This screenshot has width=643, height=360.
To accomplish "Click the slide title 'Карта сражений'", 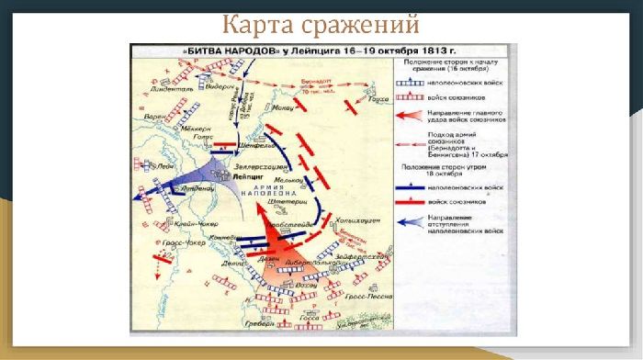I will pos(321,21).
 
